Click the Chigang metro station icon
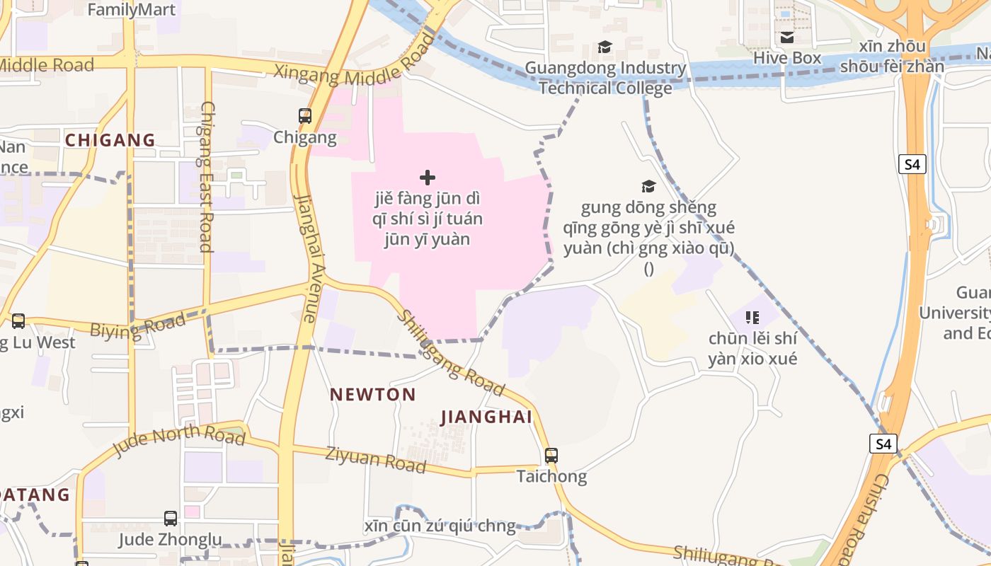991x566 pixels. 305,115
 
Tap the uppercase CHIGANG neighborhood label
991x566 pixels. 110,140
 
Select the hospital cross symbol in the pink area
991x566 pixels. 428,178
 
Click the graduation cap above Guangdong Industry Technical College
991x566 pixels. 605,47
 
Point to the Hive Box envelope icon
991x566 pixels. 787,37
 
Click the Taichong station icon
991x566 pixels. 551,456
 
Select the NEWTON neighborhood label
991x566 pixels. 373,395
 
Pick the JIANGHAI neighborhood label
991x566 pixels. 486,417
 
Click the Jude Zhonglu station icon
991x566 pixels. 171,519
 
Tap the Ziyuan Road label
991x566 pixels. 375,460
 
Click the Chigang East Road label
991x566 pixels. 205,177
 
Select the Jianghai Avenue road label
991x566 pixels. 307,258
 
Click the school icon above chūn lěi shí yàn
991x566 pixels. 752,318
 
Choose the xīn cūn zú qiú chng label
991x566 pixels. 440,526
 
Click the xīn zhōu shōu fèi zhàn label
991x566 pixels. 892,57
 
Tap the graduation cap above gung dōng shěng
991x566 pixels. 648,186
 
